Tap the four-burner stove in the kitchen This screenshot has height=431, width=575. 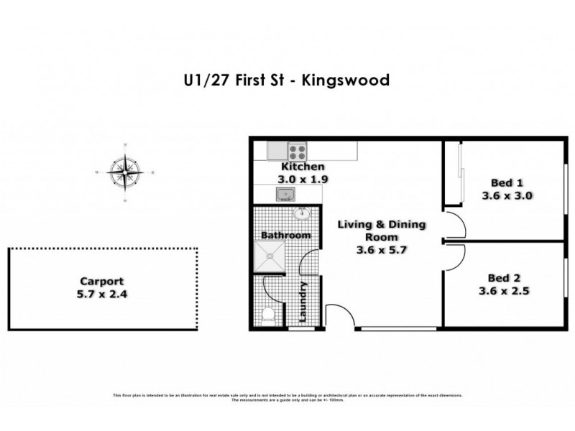pos(298,152)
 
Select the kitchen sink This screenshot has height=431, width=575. pos(285,194)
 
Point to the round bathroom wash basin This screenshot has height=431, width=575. pos(303,214)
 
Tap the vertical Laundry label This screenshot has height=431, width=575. pos(305,303)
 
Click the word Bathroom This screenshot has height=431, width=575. pos(285,235)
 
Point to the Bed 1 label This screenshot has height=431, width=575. pos(507,182)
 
